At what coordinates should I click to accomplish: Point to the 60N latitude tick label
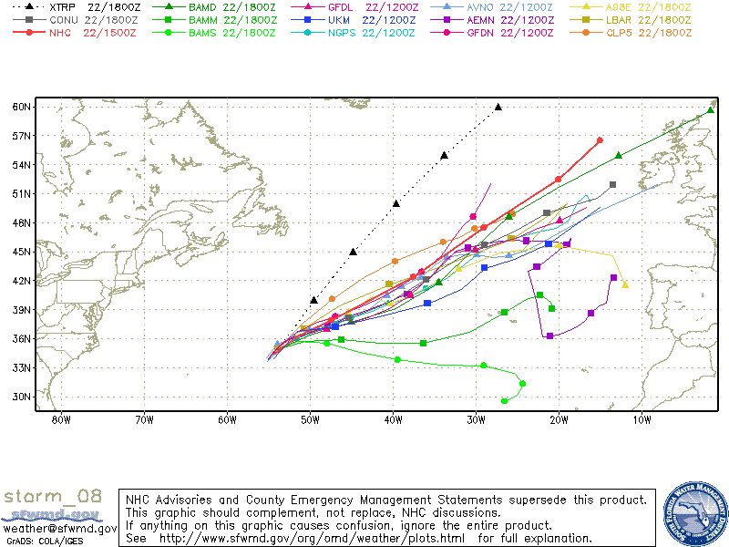pyautogui.click(x=24, y=107)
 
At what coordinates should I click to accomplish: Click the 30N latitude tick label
pyautogui.click(x=24, y=397)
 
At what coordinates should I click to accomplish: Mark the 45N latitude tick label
pyautogui.click(x=24, y=252)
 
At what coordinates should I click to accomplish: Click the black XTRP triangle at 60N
pyautogui.click(x=498, y=107)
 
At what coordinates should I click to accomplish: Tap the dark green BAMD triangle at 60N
pyautogui.click(x=711, y=110)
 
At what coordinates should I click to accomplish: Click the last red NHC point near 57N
pyautogui.click(x=600, y=140)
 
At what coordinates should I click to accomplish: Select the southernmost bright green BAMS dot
pyautogui.click(x=505, y=400)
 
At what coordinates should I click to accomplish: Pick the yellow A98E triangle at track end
pyautogui.click(x=625, y=284)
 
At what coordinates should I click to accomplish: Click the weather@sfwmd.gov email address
pyautogui.click(x=59, y=529)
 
